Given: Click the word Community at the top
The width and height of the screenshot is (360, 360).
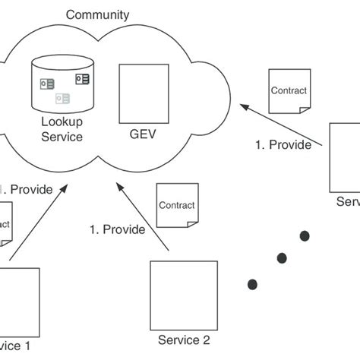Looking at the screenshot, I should (x=97, y=14).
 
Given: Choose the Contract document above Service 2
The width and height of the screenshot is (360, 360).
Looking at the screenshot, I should (x=175, y=205).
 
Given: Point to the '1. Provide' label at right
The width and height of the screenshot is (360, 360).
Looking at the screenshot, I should (x=283, y=145).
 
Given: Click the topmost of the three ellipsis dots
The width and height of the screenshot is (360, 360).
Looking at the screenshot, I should (x=305, y=235).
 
